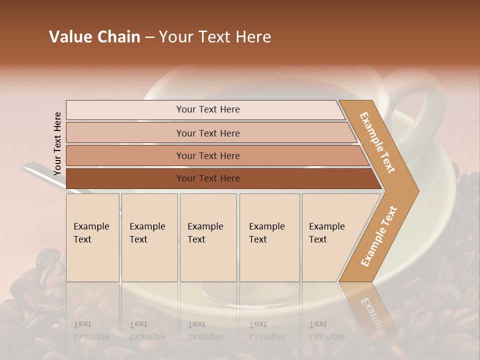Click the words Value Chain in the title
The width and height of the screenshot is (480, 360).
pyautogui.click(x=94, y=37)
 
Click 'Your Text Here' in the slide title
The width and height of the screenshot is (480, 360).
pyautogui.click(x=215, y=37)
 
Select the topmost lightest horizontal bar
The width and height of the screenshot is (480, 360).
pyautogui.click(x=207, y=109)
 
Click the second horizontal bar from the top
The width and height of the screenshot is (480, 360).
pyautogui.click(x=207, y=133)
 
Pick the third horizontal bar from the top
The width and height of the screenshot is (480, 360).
pyautogui.click(x=207, y=155)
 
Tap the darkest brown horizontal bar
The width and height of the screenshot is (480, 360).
pyautogui.click(x=207, y=178)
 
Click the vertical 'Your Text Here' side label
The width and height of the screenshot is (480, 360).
pyautogui.click(x=57, y=143)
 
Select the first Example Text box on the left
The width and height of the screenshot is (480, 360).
pyautogui.click(x=92, y=237)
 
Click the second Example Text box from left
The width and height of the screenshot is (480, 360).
pyautogui.click(x=149, y=237)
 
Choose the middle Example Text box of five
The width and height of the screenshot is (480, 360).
pyautogui.click(x=208, y=237)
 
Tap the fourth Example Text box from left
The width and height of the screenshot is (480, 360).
pyautogui.click(x=269, y=237)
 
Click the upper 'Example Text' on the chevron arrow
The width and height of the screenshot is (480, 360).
pyautogui.click(x=377, y=142)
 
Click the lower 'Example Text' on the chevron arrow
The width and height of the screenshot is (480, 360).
pyautogui.click(x=379, y=236)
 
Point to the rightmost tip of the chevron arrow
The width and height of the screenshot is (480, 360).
pyautogui.click(x=417, y=191)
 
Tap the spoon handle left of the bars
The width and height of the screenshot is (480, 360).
pyautogui.click(x=40, y=172)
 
